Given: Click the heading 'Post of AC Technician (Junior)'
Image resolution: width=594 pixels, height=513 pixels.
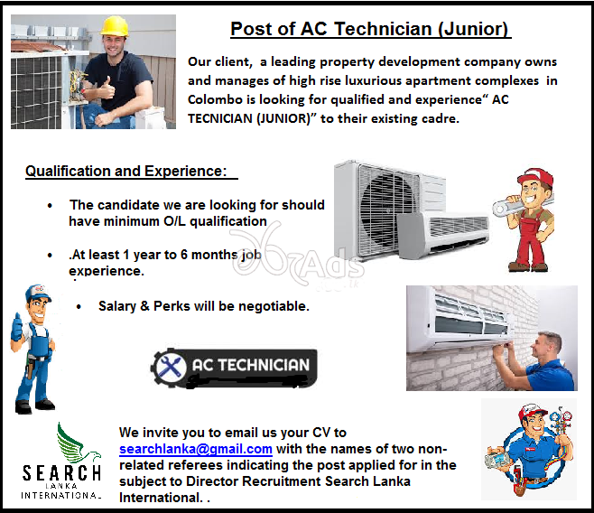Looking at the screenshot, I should tap(370, 29).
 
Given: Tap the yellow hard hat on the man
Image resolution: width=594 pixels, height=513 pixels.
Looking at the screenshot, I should tap(115, 24).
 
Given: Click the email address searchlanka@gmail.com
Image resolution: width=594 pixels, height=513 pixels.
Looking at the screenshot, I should tap(195, 449).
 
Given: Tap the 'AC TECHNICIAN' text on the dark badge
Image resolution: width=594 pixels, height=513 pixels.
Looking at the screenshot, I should tap(250, 366).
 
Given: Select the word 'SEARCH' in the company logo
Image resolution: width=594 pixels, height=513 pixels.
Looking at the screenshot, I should tap(61, 473).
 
